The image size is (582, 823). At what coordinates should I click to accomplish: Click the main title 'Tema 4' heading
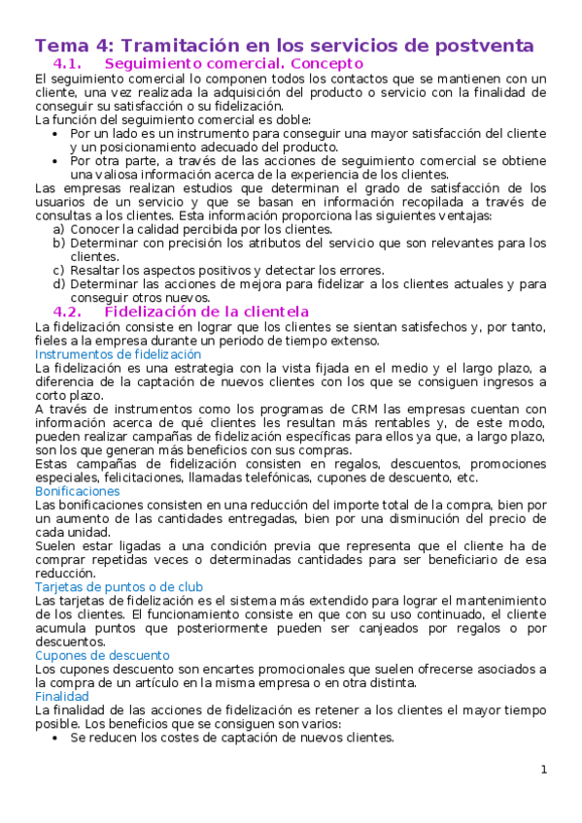[x=284, y=45]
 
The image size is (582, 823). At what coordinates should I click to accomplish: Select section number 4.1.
[x=71, y=64]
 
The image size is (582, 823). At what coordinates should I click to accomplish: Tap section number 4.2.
[x=71, y=313]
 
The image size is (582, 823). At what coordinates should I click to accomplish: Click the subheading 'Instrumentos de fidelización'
[x=118, y=354]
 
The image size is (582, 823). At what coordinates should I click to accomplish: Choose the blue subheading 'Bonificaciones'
[x=76, y=491]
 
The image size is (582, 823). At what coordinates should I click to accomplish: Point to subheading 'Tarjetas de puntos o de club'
[x=119, y=587]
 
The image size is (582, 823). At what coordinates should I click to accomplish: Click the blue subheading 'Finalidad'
[x=61, y=696]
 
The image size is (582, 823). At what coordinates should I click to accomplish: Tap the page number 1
[x=544, y=770]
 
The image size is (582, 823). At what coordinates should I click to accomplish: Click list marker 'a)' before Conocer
[x=59, y=230]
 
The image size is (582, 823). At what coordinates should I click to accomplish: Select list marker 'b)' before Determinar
[x=59, y=244]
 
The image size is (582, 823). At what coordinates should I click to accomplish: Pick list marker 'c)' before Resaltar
[x=59, y=271]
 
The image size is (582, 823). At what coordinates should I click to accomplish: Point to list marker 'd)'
[x=59, y=284]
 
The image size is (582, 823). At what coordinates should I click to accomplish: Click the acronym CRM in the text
[x=323, y=409]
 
